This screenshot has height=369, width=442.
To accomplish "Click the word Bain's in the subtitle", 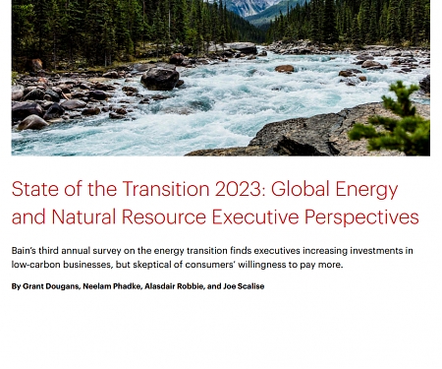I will tap(26, 250).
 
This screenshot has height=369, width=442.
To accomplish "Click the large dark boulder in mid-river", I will tap(159, 77).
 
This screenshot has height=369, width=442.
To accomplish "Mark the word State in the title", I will tap(34, 190).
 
